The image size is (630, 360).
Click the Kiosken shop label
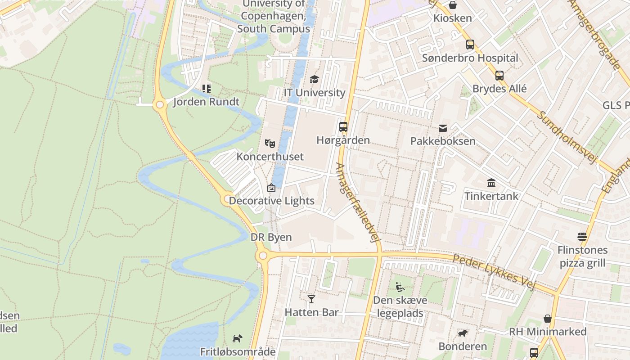point(453,18)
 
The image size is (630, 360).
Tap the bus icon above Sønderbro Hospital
point(470,45)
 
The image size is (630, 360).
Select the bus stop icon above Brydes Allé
point(499,75)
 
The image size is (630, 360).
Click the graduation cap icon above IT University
point(314,79)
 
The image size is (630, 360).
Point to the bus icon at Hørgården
point(343,126)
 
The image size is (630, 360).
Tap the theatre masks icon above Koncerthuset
point(270,144)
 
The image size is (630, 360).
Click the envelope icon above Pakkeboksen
point(443,128)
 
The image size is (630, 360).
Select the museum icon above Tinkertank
point(491,183)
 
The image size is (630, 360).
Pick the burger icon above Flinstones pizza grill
point(582,237)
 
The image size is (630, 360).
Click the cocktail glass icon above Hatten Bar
point(311,299)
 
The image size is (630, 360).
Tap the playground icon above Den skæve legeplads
point(400,287)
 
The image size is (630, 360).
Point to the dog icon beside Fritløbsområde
point(237,338)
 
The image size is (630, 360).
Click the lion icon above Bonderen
point(462,333)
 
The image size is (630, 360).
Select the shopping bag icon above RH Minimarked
point(548,319)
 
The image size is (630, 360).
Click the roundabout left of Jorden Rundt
point(159,105)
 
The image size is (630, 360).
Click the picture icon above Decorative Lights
point(271,188)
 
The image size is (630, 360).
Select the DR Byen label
point(271,237)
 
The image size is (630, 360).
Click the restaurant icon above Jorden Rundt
point(206,88)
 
